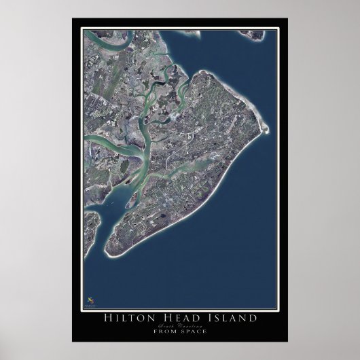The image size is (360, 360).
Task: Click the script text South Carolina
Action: click(180, 327)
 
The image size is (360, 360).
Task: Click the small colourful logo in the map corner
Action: click(91, 298)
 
